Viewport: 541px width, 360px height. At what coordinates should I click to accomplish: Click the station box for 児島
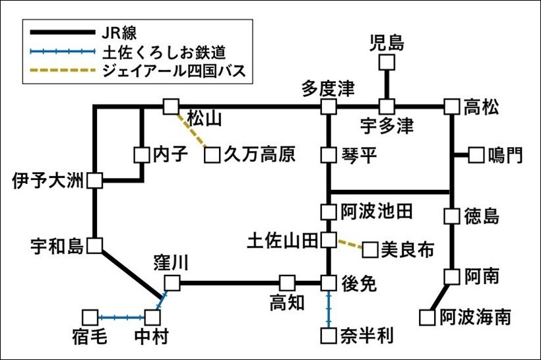click(387, 63)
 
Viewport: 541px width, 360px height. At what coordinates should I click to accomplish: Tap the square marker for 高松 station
click(451, 106)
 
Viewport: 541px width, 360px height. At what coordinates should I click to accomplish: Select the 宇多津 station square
click(387, 106)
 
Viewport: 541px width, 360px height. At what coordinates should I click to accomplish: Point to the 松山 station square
click(171, 106)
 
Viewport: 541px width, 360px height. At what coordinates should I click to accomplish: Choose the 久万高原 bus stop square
click(212, 156)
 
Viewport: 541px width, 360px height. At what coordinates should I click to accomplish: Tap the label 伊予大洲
click(49, 180)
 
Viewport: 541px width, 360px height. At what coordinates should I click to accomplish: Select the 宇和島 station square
click(95, 246)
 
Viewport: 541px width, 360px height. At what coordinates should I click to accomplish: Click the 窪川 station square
click(172, 284)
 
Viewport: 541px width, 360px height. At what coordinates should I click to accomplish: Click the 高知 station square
click(286, 283)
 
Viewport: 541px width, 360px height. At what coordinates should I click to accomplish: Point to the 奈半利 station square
click(329, 336)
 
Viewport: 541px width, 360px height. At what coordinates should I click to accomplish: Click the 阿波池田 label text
click(377, 212)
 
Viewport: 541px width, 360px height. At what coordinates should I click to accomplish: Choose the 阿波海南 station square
click(428, 318)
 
